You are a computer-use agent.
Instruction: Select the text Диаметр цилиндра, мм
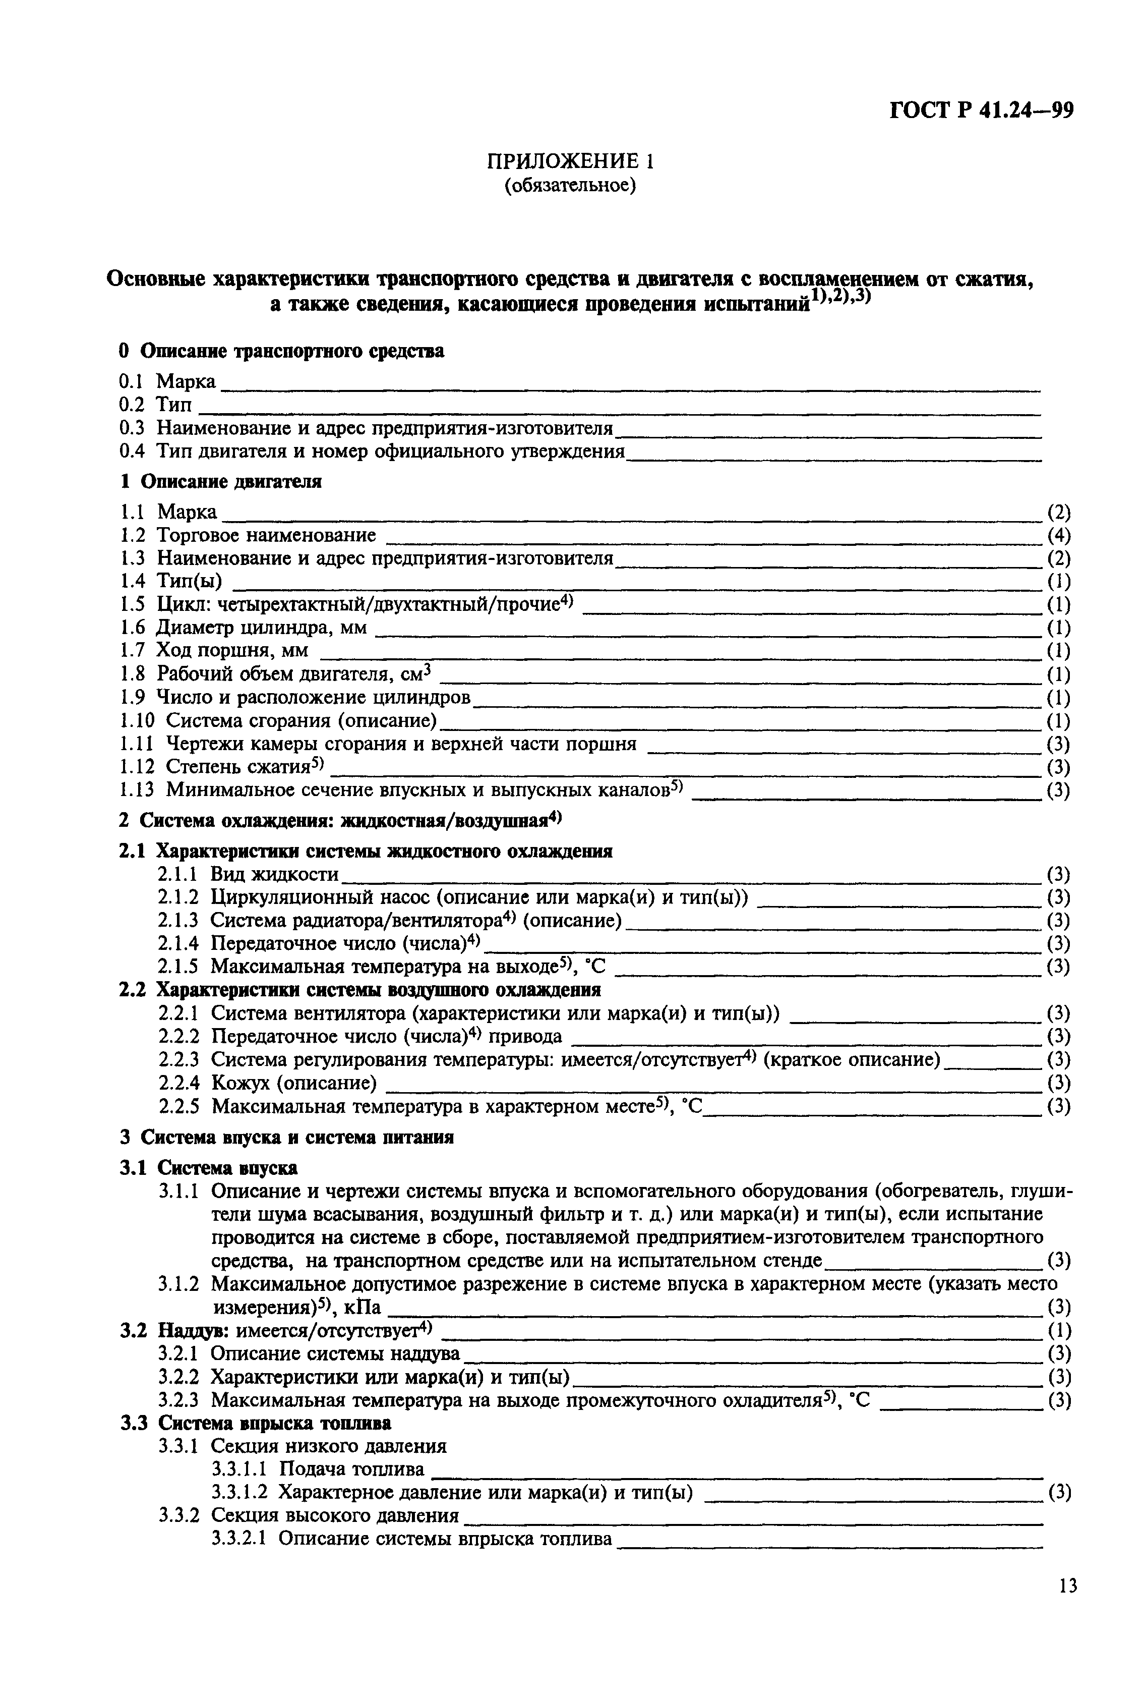pyautogui.click(x=262, y=628)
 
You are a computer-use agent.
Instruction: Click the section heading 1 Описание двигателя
pyautogui.click(x=220, y=482)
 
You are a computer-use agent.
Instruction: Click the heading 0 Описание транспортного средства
pyautogui.click(x=282, y=351)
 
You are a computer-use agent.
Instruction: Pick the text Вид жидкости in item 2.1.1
pyautogui.click(x=275, y=874)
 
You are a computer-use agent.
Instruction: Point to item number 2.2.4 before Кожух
pyautogui.click(x=179, y=1082)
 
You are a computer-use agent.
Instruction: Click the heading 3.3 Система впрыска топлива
pyautogui.click(x=255, y=1423)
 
